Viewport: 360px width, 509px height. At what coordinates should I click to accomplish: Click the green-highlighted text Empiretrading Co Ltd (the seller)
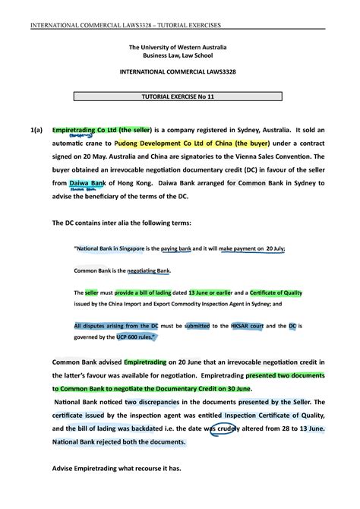[x=94, y=130]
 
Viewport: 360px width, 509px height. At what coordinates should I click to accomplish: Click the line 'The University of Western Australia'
[x=180, y=47]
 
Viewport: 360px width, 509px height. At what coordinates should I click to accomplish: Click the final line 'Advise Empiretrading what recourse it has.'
[x=117, y=468]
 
